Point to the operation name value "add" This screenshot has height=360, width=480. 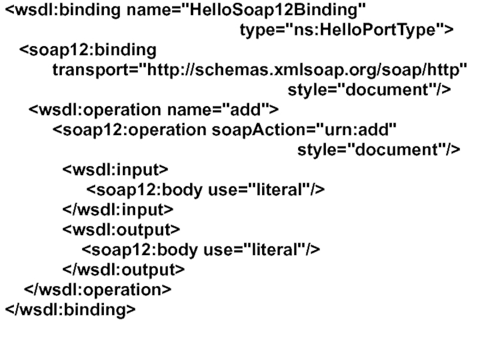click(247, 110)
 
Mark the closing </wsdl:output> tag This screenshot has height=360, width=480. click(124, 269)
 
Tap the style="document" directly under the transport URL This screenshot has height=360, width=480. click(369, 90)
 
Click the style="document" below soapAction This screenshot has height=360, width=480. click(379, 149)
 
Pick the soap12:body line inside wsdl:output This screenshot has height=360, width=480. click(200, 250)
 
